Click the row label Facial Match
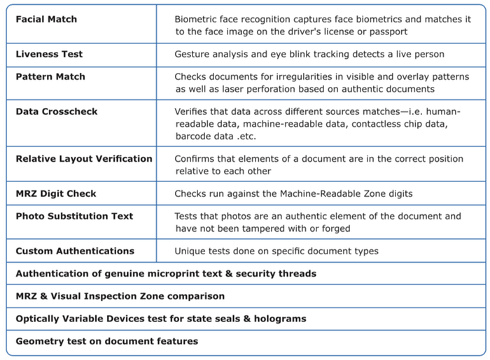[45, 19]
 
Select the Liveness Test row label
[49, 54]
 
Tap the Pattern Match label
[50, 76]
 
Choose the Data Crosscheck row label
[57, 111]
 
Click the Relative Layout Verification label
[84, 159]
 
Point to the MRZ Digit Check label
[56, 193]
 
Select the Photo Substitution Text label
[74, 216]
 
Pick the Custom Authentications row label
[75, 251]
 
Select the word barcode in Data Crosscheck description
[195, 137]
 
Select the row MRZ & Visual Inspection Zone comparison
[120, 296]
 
